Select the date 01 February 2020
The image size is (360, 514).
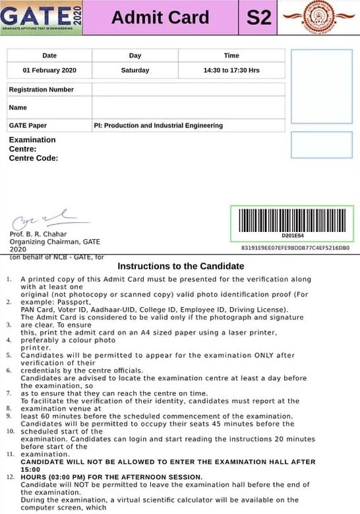pos(49,71)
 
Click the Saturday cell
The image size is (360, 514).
pos(135,71)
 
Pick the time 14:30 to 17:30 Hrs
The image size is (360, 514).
pos(231,71)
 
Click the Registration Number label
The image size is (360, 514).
pos(42,90)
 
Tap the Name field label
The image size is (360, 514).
pos(18,107)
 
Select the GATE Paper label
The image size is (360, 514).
pos(28,125)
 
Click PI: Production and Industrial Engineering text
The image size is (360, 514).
pos(158,125)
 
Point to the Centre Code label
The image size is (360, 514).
pos(34,158)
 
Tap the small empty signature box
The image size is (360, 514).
pos(321,145)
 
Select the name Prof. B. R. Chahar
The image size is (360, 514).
pos(38,234)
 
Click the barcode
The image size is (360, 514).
pos(292,219)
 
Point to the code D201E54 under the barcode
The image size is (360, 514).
pos(292,235)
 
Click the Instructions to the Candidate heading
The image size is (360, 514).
pos(181,266)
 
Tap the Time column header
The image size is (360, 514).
pos(231,55)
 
